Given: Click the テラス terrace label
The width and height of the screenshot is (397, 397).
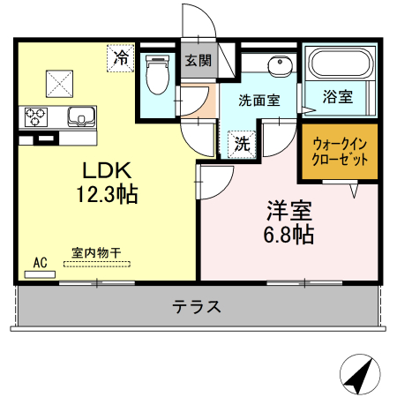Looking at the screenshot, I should pos(197,307).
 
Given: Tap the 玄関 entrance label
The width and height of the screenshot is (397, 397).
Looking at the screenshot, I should pos(198,61).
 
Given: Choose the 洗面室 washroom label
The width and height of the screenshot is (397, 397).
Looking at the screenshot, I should pos(260,100).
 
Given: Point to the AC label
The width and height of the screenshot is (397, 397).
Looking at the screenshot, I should pos(39,262).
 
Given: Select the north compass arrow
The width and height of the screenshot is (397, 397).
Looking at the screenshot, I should pos(356,375).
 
